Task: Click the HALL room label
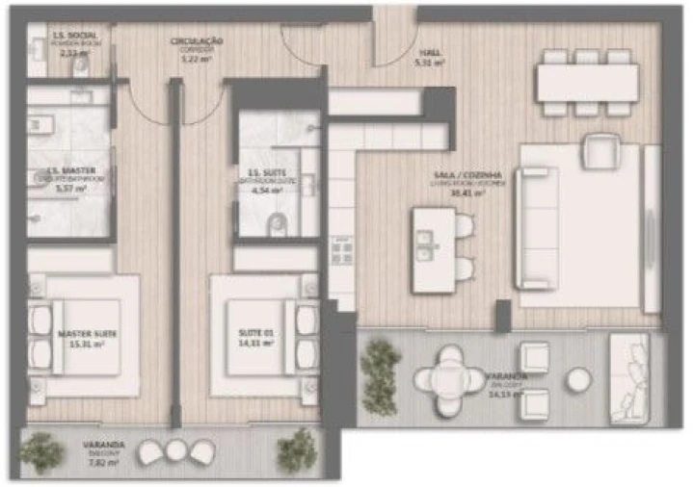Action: pos(426,54)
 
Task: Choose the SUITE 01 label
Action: pos(256,334)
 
